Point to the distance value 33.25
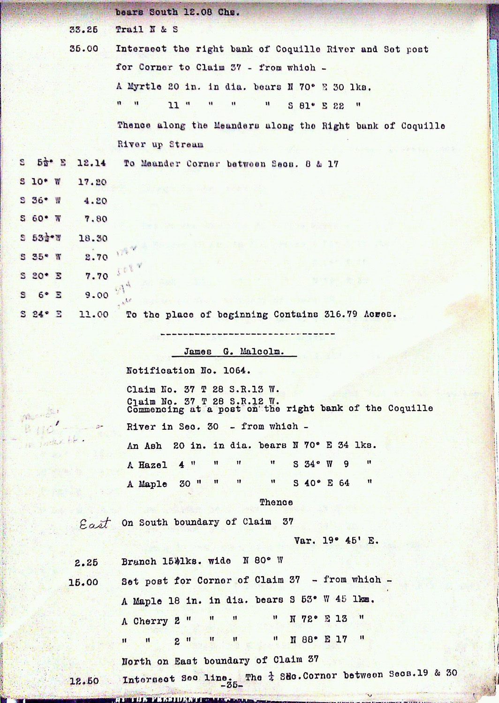83,30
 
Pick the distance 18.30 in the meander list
93,238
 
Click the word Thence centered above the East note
276,502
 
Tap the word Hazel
153,465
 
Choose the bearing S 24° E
41,314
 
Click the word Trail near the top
129,29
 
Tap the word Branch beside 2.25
138,561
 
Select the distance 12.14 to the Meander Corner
92,164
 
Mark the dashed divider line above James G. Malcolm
247,334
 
